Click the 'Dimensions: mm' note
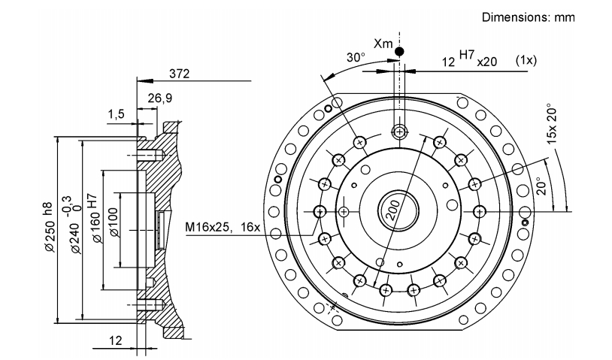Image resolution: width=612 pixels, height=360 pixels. point(528,17)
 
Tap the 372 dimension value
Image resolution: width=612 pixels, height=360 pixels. point(179,74)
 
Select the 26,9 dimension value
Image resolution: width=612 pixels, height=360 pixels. point(159,98)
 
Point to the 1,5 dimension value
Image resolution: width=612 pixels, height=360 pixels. point(116,114)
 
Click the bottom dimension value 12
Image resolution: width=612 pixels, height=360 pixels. point(116,340)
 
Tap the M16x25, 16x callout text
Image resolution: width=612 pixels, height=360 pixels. point(222,227)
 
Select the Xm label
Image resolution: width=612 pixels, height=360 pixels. point(383,44)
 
